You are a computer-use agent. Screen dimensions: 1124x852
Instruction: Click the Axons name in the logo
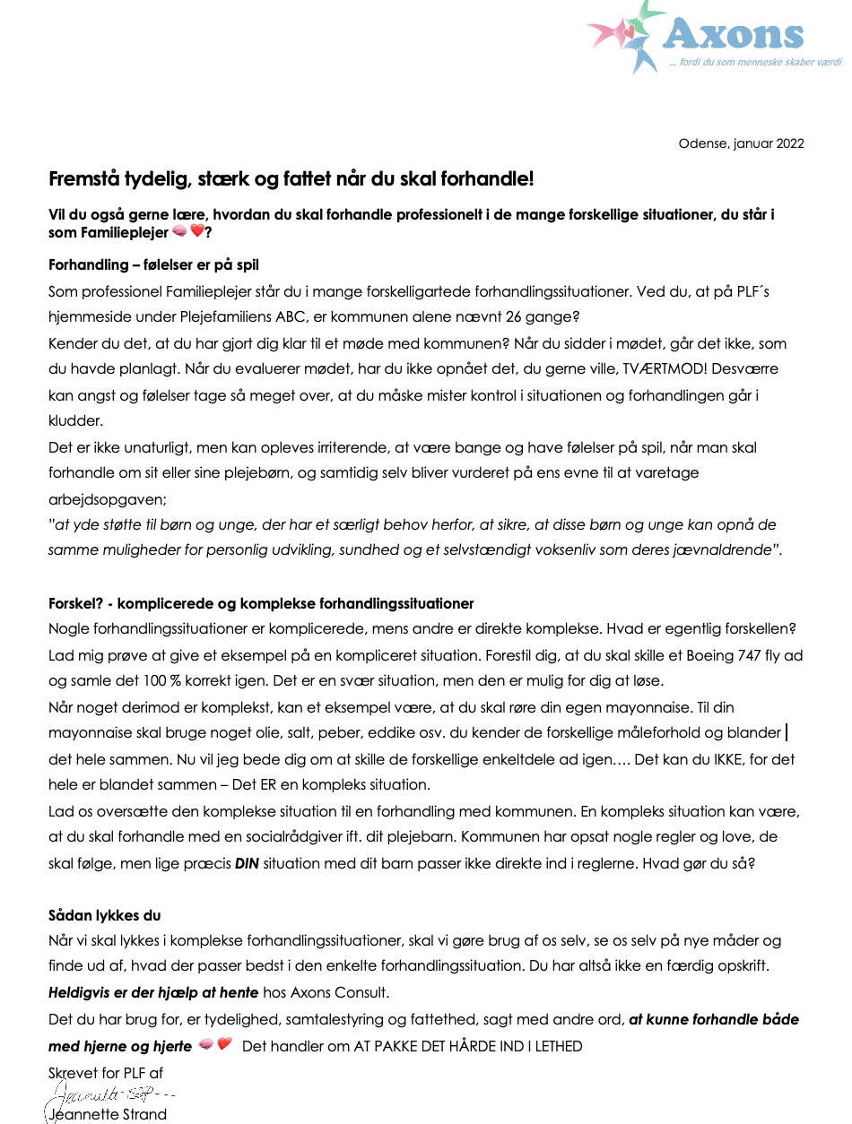tap(733, 34)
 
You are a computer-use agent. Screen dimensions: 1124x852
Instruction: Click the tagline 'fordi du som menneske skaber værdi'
tap(754, 63)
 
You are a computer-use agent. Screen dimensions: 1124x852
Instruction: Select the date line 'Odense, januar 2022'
tap(741, 143)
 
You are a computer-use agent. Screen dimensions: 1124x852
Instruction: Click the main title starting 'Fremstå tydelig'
tap(291, 179)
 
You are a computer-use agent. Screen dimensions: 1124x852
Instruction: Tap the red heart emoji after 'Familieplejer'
tap(196, 232)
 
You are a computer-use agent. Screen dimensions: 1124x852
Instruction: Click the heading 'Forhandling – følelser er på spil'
tap(153, 265)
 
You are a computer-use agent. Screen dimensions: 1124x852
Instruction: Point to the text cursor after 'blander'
tap(787, 733)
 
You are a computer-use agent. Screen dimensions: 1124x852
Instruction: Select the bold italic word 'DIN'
tap(247, 863)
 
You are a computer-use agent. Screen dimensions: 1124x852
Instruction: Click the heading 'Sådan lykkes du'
tap(104, 915)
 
